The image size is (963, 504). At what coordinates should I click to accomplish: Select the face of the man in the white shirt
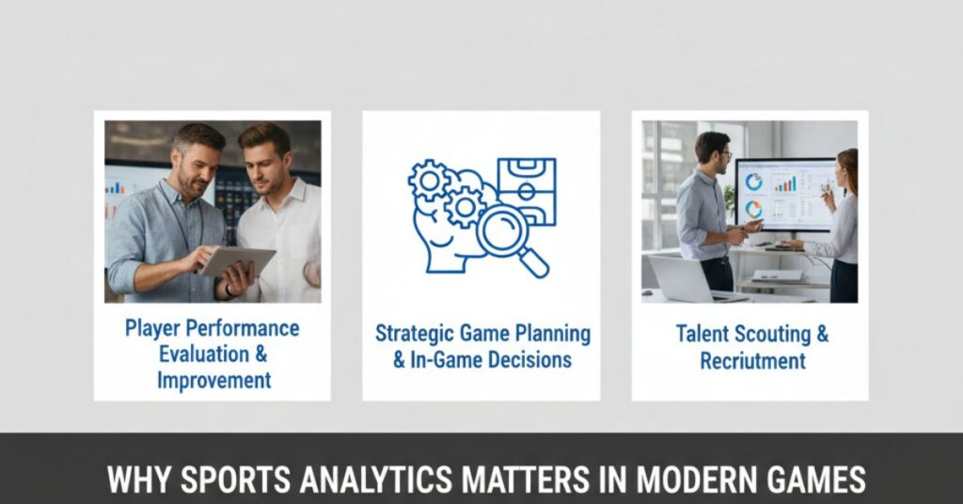point(264,160)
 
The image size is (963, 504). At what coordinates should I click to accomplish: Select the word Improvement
point(213,381)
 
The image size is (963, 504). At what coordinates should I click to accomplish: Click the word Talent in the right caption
point(705,334)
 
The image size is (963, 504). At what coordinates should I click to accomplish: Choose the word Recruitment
point(752,361)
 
